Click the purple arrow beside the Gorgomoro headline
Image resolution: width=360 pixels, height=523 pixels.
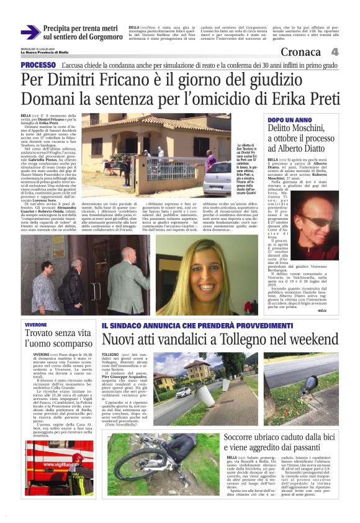30,32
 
